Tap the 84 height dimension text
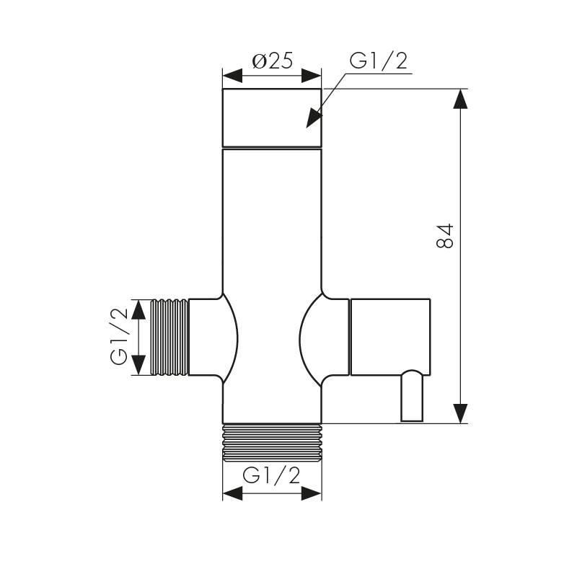[445, 236]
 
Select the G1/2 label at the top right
[379, 61]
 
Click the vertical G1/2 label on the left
[119, 336]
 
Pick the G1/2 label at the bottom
[271, 475]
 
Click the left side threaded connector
[169, 337]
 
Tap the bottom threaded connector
[273, 442]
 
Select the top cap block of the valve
[272, 118]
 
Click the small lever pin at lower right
[412, 395]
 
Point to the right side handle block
[390, 337]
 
